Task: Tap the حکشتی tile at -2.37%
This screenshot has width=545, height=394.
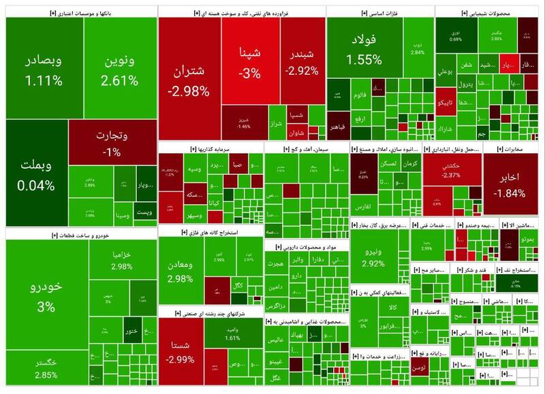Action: pos(451,170)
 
